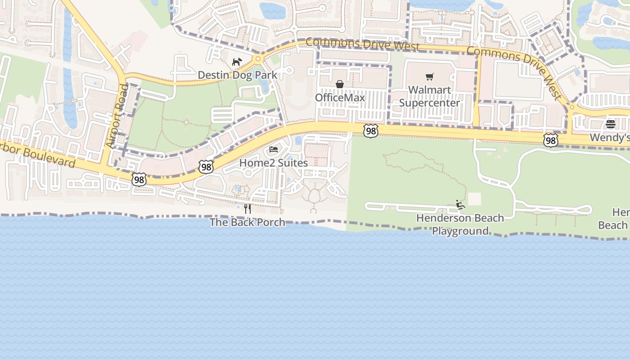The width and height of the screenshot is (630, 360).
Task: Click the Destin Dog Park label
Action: (238, 75)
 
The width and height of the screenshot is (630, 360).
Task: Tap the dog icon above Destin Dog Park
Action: (237, 62)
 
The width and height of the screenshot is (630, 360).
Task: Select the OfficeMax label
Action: (340, 98)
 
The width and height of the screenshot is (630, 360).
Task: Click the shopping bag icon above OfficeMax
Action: (340, 85)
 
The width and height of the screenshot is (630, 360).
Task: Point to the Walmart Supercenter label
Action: (430, 96)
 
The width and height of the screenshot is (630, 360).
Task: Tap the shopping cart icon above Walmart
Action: (430, 77)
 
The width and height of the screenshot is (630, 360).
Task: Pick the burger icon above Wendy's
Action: (611, 124)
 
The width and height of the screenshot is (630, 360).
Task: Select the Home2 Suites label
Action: (274, 162)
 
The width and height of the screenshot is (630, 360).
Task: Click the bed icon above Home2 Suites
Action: (274, 149)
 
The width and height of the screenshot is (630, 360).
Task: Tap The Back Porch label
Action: (247, 222)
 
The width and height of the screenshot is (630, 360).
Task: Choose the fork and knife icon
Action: (247, 209)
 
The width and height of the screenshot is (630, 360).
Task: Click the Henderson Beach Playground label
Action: (460, 225)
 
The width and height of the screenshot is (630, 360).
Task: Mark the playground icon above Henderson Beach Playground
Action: (460, 205)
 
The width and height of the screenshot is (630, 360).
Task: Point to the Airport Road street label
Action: (117, 116)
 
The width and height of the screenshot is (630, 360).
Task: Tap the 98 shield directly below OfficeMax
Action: (370, 131)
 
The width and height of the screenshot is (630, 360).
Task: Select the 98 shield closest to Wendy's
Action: (551, 140)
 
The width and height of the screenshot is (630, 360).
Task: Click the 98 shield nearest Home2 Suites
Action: (206, 167)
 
